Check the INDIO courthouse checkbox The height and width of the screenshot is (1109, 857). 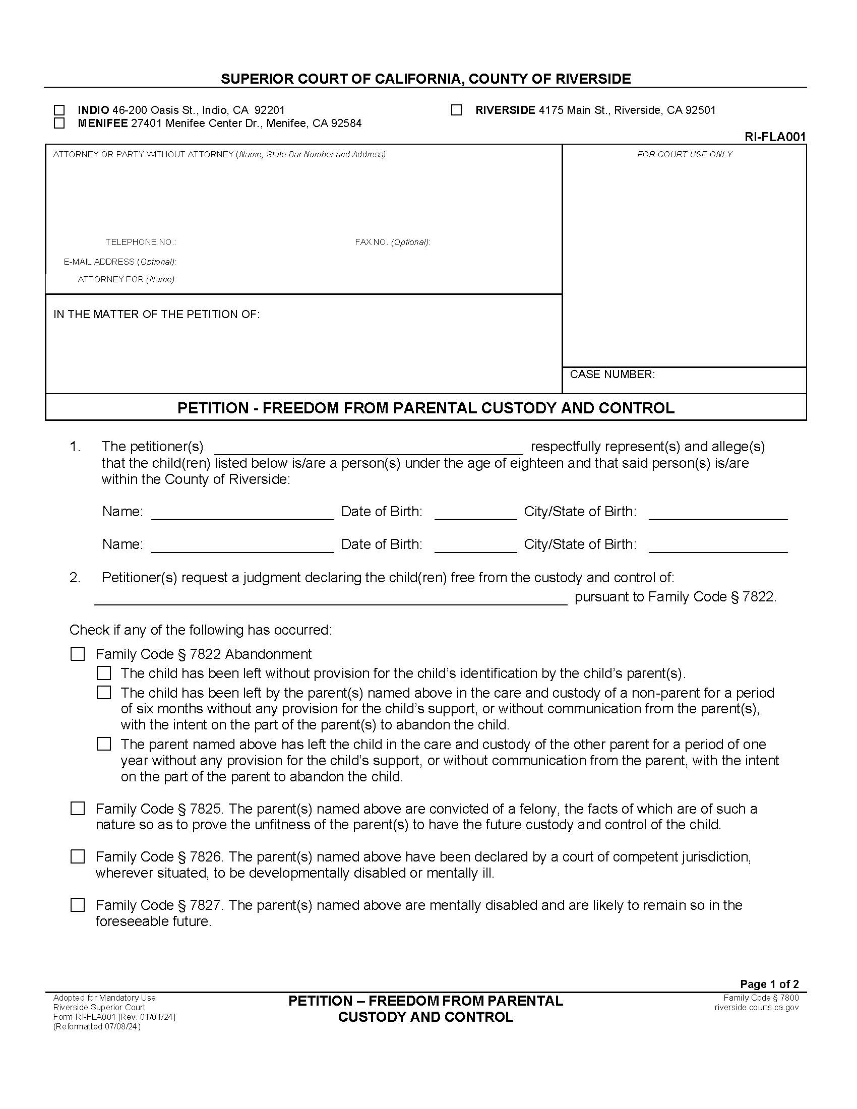[59, 110]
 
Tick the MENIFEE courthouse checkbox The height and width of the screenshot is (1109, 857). [59, 124]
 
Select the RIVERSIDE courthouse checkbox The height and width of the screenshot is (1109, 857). [456, 110]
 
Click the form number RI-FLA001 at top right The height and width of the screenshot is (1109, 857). [775, 137]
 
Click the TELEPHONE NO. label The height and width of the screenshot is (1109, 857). [141, 242]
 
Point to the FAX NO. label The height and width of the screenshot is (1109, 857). [392, 242]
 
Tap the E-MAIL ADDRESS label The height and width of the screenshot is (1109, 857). [119, 262]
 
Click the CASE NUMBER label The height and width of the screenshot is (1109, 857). [613, 374]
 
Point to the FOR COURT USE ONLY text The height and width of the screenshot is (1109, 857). [685, 154]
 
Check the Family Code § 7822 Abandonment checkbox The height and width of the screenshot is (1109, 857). [78, 654]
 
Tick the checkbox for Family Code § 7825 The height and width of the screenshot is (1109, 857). [78, 809]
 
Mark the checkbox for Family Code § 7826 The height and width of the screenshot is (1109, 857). [78, 856]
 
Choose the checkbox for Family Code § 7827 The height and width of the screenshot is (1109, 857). [78, 905]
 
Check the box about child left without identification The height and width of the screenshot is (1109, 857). [104, 673]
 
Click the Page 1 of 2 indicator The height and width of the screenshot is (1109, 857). [769, 984]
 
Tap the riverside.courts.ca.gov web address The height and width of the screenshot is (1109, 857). [757, 1008]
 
